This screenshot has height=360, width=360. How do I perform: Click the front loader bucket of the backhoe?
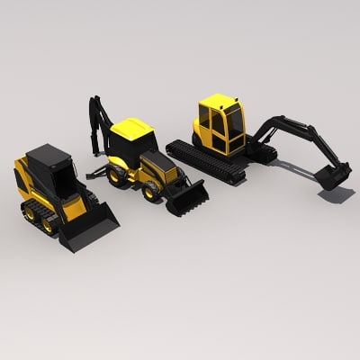click(x=187, y=199)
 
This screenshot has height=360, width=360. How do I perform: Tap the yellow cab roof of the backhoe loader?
click(x=133, y=128)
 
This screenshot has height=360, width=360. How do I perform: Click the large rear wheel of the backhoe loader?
click(x=117, y=175)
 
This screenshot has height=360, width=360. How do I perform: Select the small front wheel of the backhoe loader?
click(x=149, y=191)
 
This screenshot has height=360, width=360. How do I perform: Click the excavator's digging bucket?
click(x=333, y=176)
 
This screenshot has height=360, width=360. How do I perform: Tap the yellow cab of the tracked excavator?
click(x=220, y=126)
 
